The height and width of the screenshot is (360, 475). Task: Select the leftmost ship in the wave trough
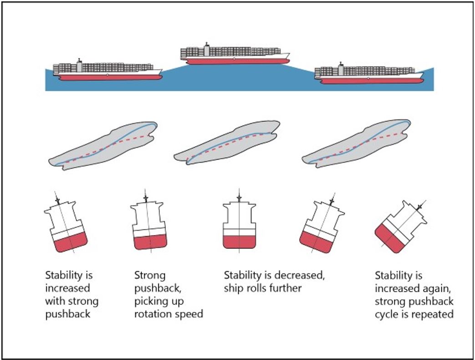pos(107,71)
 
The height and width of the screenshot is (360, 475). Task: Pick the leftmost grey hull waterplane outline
pos(104,145)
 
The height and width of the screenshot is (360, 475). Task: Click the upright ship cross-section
pos(238,226)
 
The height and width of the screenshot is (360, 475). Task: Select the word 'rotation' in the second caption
pos(152,314)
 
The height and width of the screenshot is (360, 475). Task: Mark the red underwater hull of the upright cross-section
pos(238,241)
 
